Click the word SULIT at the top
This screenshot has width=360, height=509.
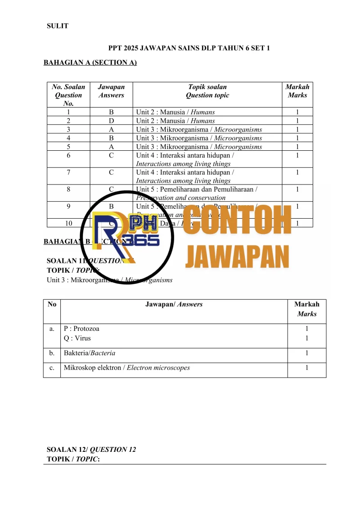(58, 26)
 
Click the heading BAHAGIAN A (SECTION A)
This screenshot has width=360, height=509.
(90, 63)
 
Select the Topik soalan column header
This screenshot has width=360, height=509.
(207, 91)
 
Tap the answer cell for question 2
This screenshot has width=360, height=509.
(111, 121)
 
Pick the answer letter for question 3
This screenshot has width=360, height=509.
(111, 130)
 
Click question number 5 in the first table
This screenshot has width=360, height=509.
(68, 147)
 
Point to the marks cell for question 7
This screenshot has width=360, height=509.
(297, 172)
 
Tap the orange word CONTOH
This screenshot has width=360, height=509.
(238, 221)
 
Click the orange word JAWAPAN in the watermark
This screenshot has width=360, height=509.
(237, 257)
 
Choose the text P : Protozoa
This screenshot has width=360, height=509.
(82, 329)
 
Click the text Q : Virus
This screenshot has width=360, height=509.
(77, 338)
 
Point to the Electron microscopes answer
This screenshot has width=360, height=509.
(158, 368)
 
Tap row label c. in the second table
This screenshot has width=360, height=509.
(52, 368)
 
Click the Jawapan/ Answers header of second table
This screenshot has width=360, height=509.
(174, 304)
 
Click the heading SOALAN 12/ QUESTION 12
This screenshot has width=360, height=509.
(91, 450)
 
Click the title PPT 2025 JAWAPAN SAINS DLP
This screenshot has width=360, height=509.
(189, 48)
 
